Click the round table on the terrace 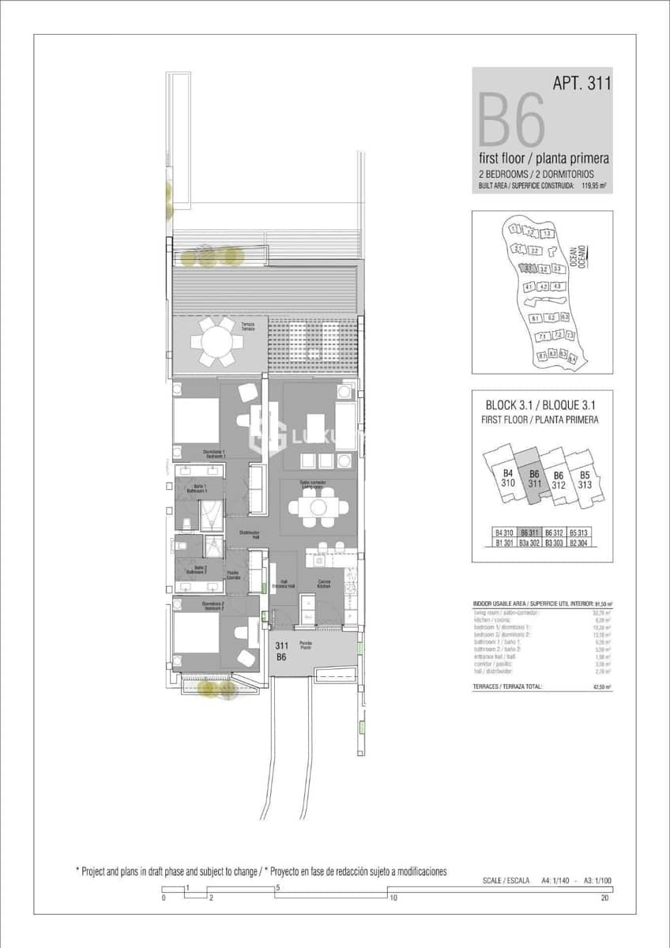tap(216, 342)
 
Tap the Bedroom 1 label tap(214, 454)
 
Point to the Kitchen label tap(324, 585)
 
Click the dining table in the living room tap(317, 506)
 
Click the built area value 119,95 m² tap(593, 186)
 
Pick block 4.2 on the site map tap(542, 287)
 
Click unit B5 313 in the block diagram tap(585, 480)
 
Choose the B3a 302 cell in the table tap(529, 543)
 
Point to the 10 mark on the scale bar tap(392, 897)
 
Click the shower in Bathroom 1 tap(212, 513)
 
